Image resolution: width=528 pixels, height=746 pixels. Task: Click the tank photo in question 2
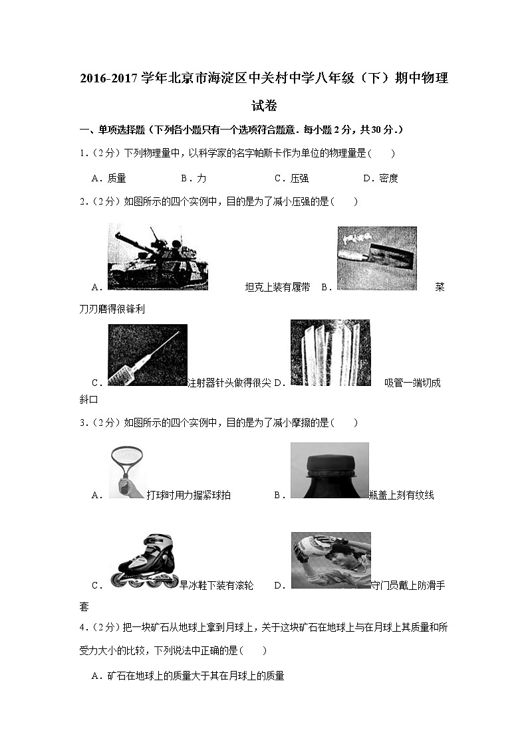(x=158, y=257)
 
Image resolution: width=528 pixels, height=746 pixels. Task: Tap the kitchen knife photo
(x=376, y=258)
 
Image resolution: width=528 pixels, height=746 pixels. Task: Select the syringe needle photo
(x=147, y=355)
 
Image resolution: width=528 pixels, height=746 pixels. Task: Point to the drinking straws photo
(x=330, y=353)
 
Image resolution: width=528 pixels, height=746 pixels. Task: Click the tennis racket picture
(x=126, y=471)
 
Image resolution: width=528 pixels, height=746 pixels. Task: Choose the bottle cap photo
(x=329, y=470)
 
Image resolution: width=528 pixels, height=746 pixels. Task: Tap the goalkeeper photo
(x=330, y=560)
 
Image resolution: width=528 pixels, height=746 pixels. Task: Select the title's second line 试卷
(x=264, y=106)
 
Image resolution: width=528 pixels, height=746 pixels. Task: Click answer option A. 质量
(x=109, y=178)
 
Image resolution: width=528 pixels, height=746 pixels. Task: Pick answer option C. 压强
(x=291, y=178)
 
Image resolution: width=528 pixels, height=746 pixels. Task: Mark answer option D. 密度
(x=380, y=178)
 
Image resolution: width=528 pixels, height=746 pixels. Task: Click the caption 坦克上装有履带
(x=277, y=287)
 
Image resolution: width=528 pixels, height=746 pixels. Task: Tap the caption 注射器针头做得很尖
(x=229, y=383)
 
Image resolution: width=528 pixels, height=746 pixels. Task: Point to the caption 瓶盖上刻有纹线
(x=401, y=495)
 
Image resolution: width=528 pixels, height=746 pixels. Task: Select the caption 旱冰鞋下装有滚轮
(x=217, y=585)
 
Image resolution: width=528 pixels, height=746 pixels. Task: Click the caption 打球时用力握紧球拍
(x=189, y=495)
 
